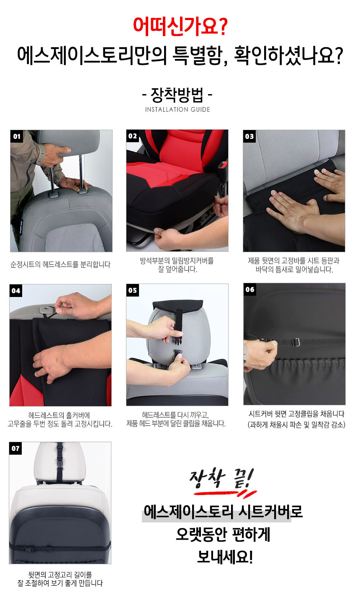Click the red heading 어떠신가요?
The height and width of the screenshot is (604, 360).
(x=180, y=26)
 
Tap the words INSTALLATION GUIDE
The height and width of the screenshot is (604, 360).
(x=177, y=110)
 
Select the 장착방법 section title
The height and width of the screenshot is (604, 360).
(x=177, y=95)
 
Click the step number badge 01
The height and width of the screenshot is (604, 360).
(x=17, y=136)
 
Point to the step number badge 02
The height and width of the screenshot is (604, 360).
(x=133, y=136)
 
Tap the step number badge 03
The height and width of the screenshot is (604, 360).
(x=249, y=136)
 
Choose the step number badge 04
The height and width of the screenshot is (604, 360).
(x=16, y=291)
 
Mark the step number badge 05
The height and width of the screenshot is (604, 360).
(x=133, y=290)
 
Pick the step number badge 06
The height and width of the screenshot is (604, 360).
(x=249, y=289)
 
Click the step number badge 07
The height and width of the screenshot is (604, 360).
(x=15, y=448)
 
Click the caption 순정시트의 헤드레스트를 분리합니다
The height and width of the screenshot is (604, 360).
(x=60, y=264)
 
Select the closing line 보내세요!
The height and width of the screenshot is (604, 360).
(x=225, y=557)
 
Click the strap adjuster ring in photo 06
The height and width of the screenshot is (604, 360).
(x=296, y=342)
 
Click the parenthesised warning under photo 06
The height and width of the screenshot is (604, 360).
(x=296, y=425)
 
